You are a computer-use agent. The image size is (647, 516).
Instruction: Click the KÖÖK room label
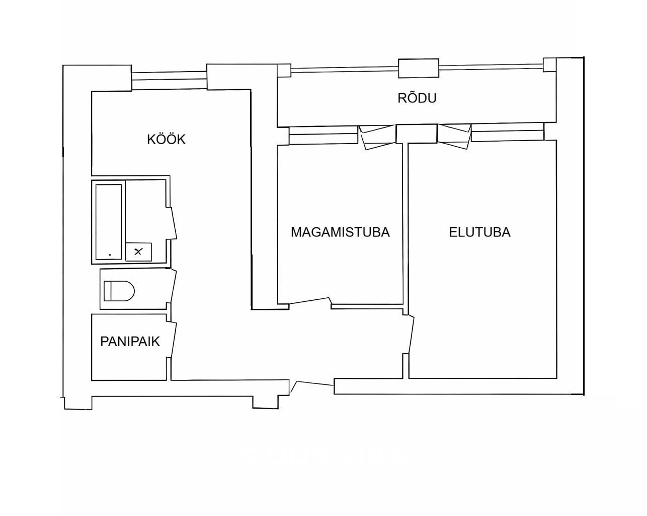[166, 139]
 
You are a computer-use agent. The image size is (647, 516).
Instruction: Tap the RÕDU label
[417, 98]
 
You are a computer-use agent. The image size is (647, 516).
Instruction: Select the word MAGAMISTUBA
[340, 232]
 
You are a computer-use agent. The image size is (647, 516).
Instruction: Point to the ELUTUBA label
[479, 232]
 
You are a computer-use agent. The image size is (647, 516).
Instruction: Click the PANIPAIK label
[130, 342]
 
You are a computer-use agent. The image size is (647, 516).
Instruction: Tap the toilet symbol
[119, 291]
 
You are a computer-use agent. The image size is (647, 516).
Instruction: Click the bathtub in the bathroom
[109, 222]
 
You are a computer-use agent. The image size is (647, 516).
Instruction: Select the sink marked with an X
[138, 251]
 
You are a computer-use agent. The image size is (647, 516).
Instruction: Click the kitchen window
[169, 80]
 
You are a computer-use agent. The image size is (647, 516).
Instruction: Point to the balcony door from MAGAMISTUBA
[377, 138]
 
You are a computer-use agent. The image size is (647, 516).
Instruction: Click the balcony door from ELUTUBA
[454, 137]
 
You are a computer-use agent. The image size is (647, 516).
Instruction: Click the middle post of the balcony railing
[419, 69]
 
